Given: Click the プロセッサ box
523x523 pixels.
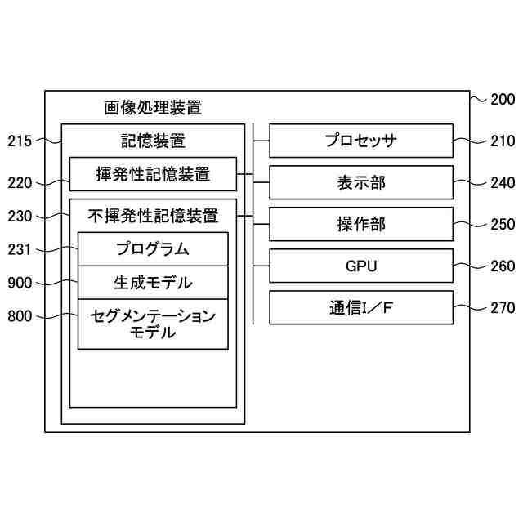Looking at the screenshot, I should tap(360, 141).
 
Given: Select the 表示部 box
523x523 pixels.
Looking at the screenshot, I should tap(360, 182).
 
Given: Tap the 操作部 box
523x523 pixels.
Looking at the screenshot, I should tap(360, 224).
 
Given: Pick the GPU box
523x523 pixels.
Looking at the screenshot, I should tap(360, 266).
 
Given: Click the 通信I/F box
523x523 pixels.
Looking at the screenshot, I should tap(360, 307).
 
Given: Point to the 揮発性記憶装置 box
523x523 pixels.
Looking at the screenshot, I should tap(153, 174).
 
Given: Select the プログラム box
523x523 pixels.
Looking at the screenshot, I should tap(153, 249).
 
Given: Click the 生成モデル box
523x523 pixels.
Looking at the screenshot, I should tap(153, 283).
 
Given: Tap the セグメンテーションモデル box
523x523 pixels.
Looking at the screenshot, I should tap(153, 324).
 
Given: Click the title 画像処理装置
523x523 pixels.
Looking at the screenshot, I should tap(153, 107).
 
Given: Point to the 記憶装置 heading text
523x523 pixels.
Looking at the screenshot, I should tap(153, 140).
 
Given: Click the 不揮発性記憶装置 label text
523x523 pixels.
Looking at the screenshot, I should tap(153, 217).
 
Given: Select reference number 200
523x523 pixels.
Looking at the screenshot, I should tap(503, 100).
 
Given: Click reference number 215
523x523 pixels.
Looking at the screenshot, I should tap(20, 141).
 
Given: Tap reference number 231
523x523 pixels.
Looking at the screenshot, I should tap(20, 249).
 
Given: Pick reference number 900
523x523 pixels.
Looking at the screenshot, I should tap(20, 284).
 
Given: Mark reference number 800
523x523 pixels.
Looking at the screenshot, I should tap(20, 316).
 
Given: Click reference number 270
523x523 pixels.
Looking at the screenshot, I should tap(503, 308).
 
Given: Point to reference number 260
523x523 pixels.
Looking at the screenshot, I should tap(503, 266).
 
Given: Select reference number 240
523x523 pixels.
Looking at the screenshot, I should tap(503, 183).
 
